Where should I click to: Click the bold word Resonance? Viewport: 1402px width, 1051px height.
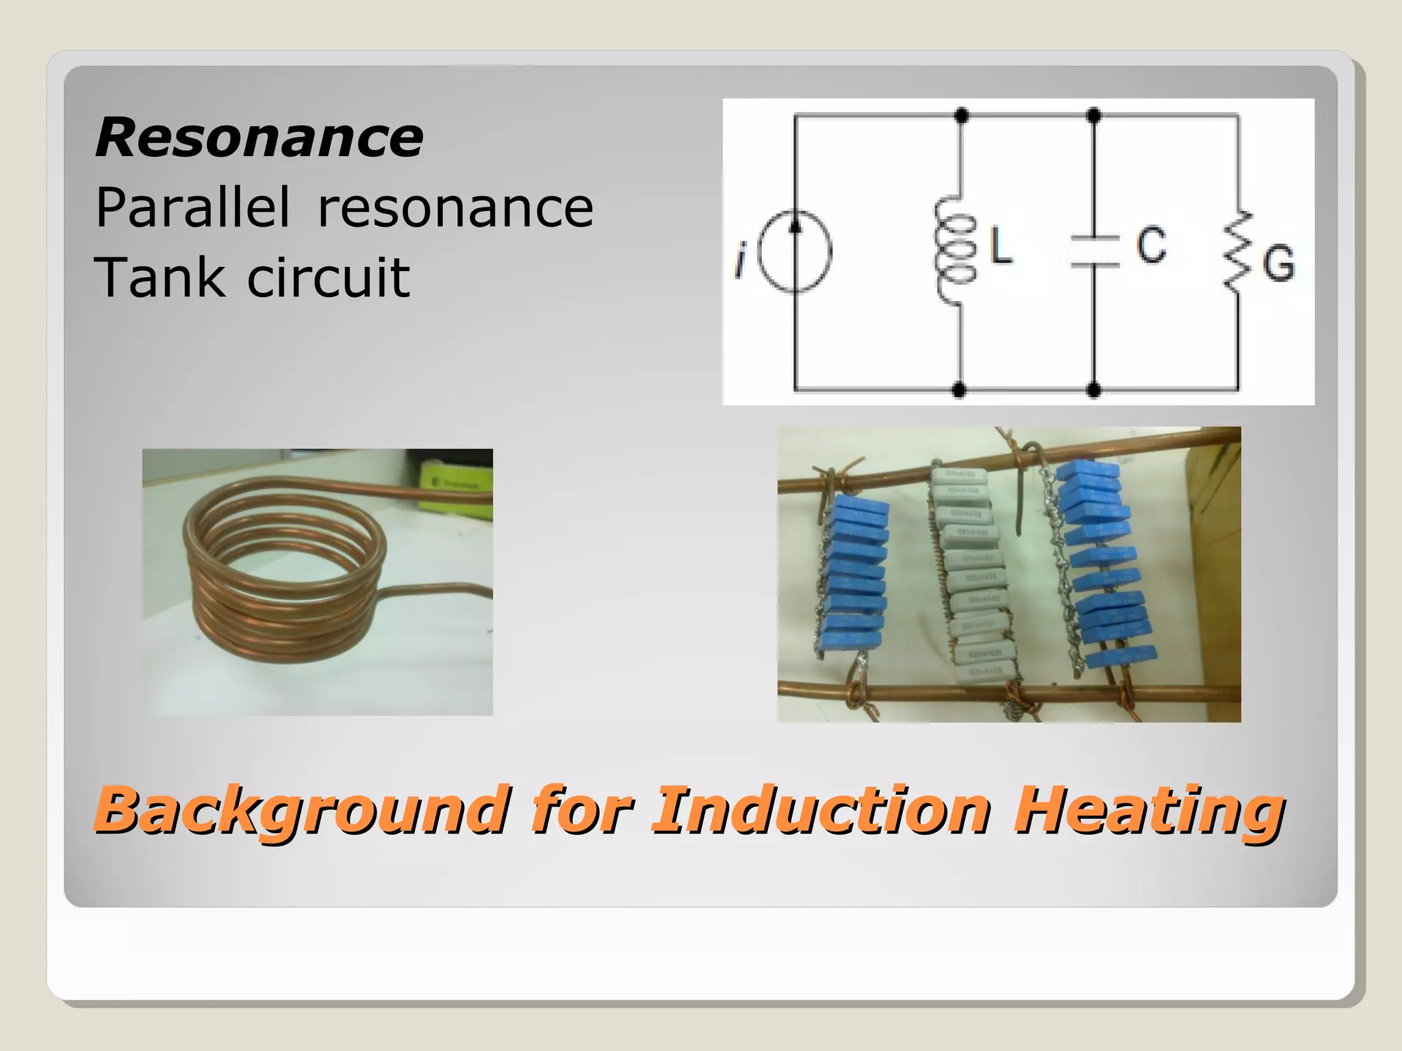coord(259,138)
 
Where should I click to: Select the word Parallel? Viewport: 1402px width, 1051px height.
coord(192,208)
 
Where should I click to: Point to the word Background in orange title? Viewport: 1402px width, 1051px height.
coord(302,810)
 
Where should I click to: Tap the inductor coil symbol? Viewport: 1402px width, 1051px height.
coord(956,250)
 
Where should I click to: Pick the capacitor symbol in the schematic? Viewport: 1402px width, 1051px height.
coord(1093,250)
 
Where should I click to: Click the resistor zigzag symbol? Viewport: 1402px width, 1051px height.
coord(1238,252)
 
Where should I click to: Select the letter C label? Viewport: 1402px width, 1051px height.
coord(1152,244)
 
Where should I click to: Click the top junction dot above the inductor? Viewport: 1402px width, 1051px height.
coord(961,115)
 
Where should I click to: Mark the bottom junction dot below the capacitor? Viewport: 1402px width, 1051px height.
coord(1094,391)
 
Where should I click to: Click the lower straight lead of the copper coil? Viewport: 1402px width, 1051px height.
coord(438,589)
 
